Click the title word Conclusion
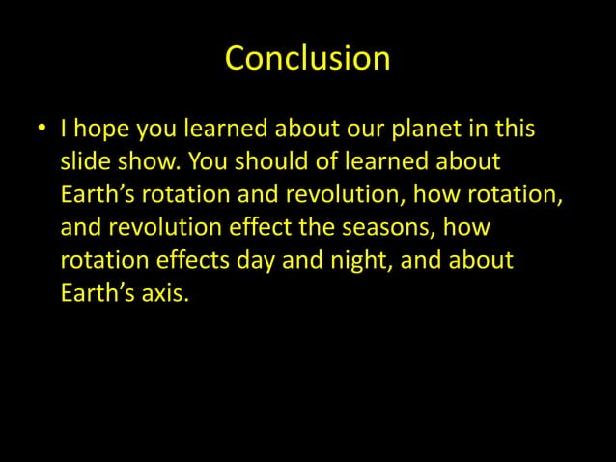click(x=307, y=59)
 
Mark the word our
click(x=350, y=130)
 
